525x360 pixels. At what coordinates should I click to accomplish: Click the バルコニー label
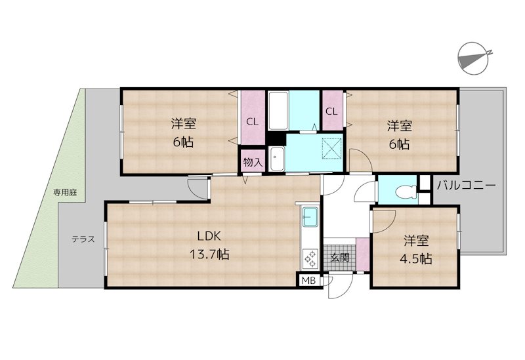[466, 186]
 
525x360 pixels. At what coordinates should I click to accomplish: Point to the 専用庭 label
[65, 193]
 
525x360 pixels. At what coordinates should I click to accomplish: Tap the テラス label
[83, 239]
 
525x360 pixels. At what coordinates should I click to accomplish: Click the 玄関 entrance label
[339, 257]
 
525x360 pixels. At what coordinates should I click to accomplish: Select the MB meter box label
[308, 281]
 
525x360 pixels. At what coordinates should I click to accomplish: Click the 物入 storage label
[251, 162]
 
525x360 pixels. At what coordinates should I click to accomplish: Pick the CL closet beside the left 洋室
[251, 121]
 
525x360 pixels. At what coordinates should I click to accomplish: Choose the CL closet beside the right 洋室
[331, 111]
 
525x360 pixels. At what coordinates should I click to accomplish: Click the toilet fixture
[407, 192]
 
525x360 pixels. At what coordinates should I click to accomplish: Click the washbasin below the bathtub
[277, 158]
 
